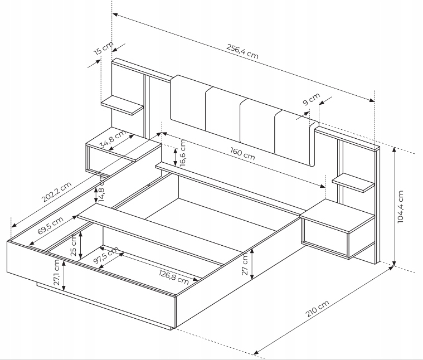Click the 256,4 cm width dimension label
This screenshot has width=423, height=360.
tap(242, 51)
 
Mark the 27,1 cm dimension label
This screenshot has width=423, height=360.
tap(56, 273)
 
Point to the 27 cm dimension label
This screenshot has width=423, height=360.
tap(245, 265)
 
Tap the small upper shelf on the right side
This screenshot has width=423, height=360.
tap(353, 183)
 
